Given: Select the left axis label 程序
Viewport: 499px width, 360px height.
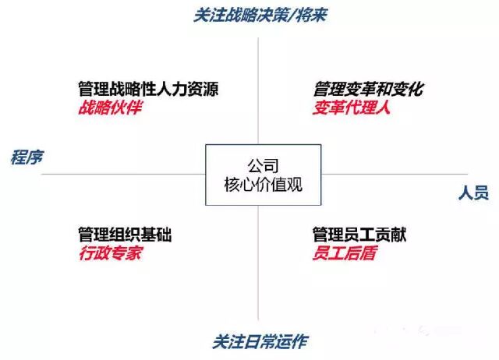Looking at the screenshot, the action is click(x=26, y=157).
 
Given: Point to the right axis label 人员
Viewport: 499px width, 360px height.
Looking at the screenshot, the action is click(x=473, y=192).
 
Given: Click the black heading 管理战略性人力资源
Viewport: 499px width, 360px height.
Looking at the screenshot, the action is click(x=147, y=90).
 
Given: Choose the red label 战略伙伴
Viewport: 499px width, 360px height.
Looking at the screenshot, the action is click(x=110, y=108).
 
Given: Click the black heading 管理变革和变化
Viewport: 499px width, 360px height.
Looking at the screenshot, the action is click(x=368, y=90).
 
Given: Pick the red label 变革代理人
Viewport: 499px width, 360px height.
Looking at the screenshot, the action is click(x=352, y=108).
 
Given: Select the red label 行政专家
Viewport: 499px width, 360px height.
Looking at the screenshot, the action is click(x=110, y=252).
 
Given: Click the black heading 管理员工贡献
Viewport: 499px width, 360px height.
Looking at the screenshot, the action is click(x=359, y=235).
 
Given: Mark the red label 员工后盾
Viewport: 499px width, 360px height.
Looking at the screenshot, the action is click(x=344, y=252).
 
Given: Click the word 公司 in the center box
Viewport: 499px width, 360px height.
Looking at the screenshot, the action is click(x=262, y=166).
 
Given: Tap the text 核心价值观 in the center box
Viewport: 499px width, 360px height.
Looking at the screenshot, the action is click(x=262, y=185).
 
